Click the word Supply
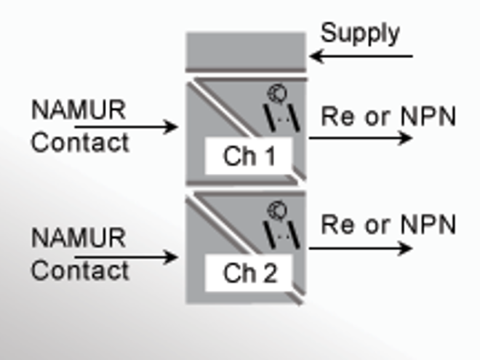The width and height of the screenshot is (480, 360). [360, 33]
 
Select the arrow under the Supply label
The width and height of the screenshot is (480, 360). [361, 55]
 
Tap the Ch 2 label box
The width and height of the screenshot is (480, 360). [249, 273]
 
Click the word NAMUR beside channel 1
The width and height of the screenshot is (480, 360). [79, 111]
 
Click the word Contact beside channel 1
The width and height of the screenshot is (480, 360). [80, 143]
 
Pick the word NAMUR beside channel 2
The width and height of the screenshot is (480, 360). [79, 238]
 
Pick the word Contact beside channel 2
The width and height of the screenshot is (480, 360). [80, 271]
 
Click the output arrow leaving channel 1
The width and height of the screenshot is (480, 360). [360, 137]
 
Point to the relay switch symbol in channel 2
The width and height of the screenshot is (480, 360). [276, 225]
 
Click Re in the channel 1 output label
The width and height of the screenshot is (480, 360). [337, 116]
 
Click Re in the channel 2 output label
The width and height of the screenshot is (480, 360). [337, 225]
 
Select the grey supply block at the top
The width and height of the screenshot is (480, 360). [245, 50]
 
